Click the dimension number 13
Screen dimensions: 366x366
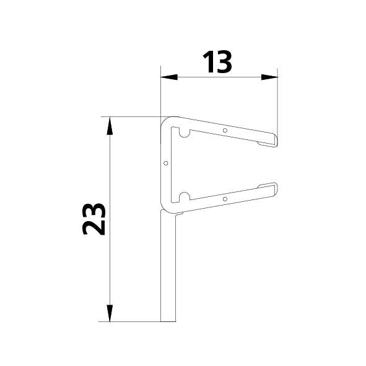point(217,62)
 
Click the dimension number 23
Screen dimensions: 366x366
point(94,219)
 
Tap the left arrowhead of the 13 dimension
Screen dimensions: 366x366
point(169,77)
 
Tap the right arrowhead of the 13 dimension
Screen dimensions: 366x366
point(269,77)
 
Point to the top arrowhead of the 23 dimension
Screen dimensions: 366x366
point(110,126)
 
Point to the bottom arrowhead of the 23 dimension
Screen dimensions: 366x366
point(110,313)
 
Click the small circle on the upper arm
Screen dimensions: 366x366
point(225,130)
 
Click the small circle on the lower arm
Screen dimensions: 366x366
point(225,199)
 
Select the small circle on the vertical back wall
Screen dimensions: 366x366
point(166,163)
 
